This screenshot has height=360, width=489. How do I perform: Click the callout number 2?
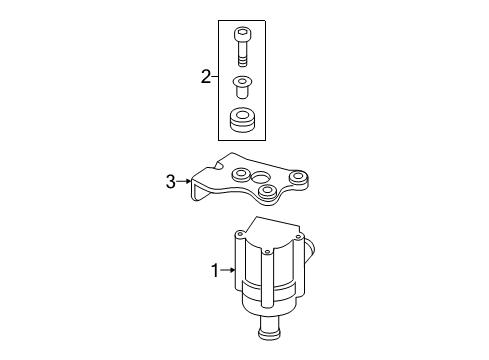[206, 77]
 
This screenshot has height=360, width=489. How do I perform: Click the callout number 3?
[171, 182]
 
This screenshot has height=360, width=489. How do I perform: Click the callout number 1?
[215, 270]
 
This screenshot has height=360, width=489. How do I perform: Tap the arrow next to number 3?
[184, 181]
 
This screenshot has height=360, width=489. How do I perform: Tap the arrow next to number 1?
[228, 270]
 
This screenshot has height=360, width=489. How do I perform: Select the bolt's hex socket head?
[243, 34]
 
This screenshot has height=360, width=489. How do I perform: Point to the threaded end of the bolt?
[243, 62]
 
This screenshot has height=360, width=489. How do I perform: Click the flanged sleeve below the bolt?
[242, 87]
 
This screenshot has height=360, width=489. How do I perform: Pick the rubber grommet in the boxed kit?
[242, 119]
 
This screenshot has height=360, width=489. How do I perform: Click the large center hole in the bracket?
[261, 178]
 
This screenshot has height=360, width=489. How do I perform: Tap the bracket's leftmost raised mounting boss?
[240, 174]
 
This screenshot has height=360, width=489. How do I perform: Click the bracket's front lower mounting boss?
[268, 191]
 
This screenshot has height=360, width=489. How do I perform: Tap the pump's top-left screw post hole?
[239, 234]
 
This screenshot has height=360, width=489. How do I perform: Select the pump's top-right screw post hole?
[298, 237]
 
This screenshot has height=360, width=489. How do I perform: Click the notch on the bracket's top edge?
[221, 165]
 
